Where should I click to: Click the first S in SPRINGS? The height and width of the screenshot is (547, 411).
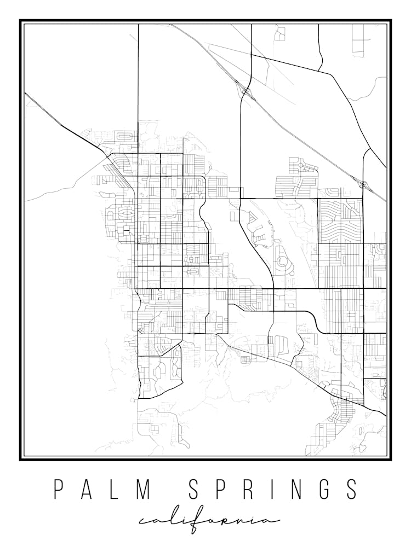pyautogui.click(x=195, y=490)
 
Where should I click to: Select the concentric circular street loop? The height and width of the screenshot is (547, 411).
pyautogui.click(x=283, y=261)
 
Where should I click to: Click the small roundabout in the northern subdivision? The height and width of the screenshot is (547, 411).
pyautogui.click(x=300, y=164)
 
